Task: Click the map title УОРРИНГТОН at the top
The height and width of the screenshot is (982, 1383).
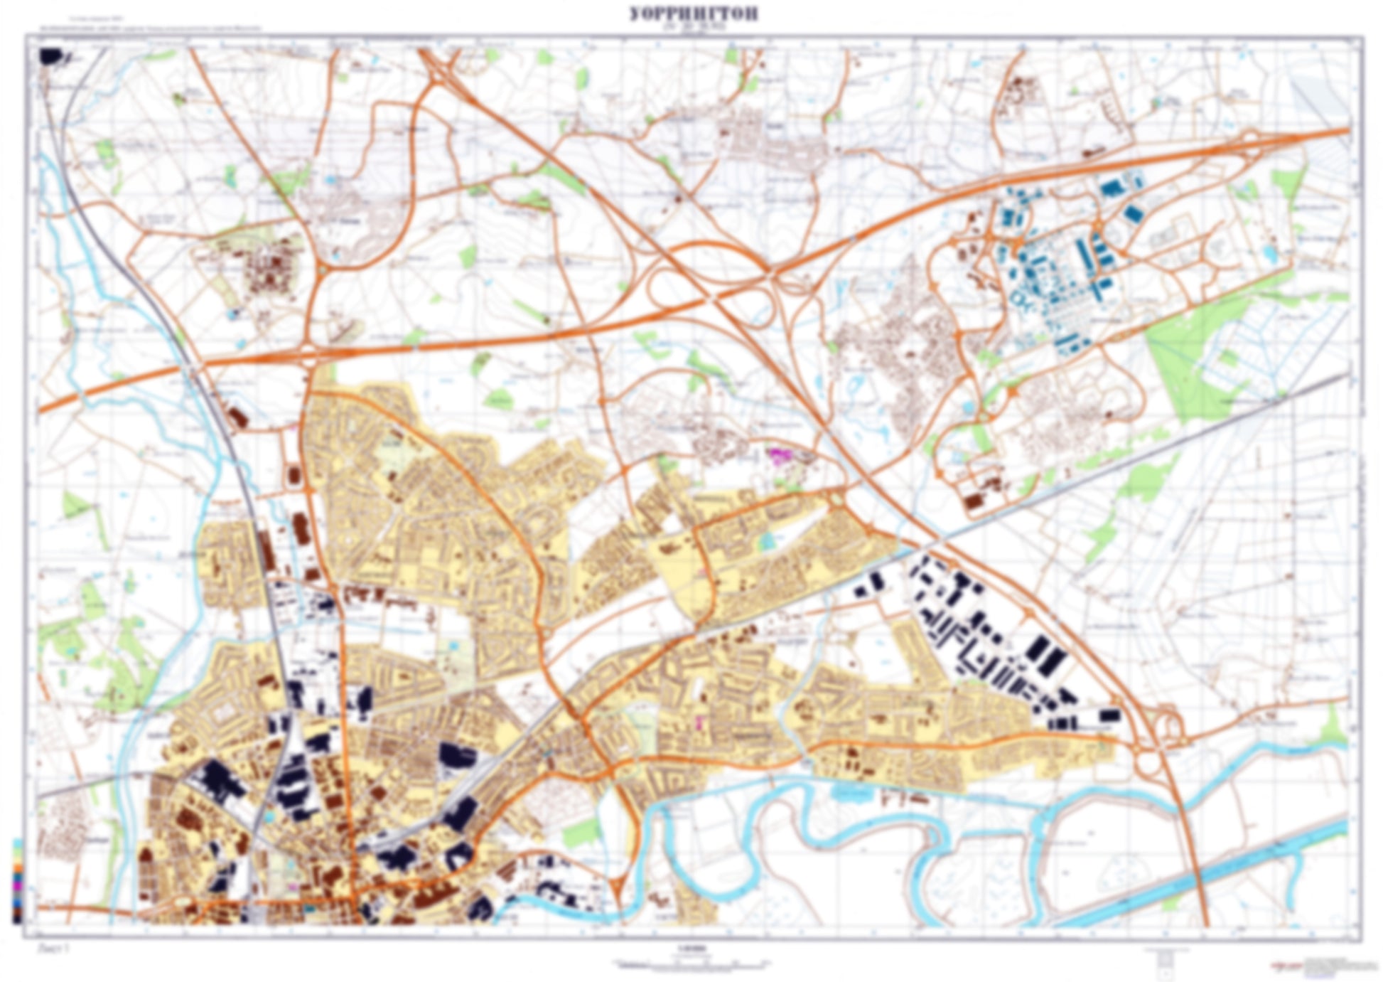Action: click(693, 14)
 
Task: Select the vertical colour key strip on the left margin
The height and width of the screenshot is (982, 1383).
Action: click(17, 881)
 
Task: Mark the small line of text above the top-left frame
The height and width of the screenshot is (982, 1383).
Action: click(142, 29)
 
